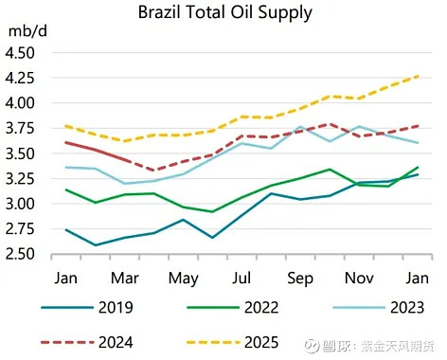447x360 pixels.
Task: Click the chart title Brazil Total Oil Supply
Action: click(x=224, y=13)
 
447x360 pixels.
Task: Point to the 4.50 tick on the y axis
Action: click(x=21, y=52)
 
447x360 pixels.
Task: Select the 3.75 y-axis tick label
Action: click(x=21, y=128)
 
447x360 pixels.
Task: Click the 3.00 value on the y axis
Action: click(x=21, y=204)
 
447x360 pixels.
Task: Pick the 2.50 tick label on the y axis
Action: click(x=21, y=254)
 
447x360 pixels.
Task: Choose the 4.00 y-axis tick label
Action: click(x=21, y=102)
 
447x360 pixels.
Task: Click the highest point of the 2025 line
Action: click(x=418, y=76)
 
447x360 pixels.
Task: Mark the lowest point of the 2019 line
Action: click(x=95, y=244)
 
